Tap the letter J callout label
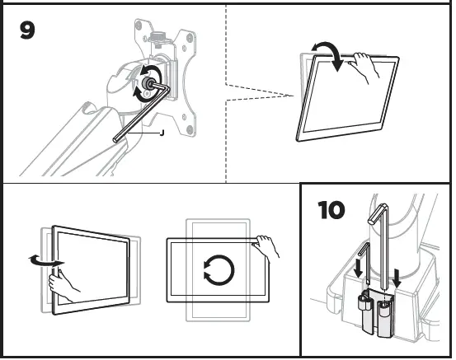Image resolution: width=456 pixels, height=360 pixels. pyautogui.click(x=162, y=133)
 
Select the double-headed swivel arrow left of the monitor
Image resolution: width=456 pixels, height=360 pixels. pyautogui.click(x=43, y=261)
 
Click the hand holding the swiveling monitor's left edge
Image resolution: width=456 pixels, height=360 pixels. pyautogui.click(x=64, y=285)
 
